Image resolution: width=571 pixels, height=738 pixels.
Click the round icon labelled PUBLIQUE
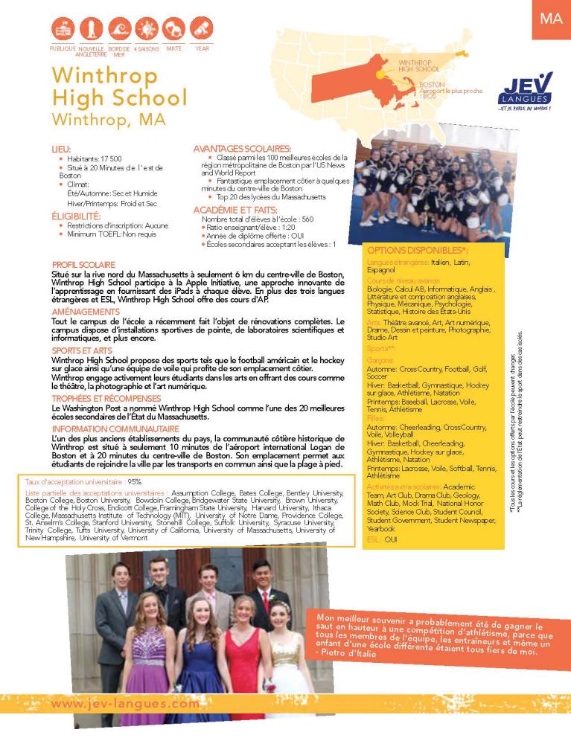click(63, 30)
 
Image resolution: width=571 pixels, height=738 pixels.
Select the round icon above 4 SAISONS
click(146, 30)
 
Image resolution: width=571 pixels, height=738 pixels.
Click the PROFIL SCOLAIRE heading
click(83, 265)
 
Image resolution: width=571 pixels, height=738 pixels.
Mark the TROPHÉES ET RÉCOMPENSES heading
click(101, 398)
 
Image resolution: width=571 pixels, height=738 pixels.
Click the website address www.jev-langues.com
click(126, 703)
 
